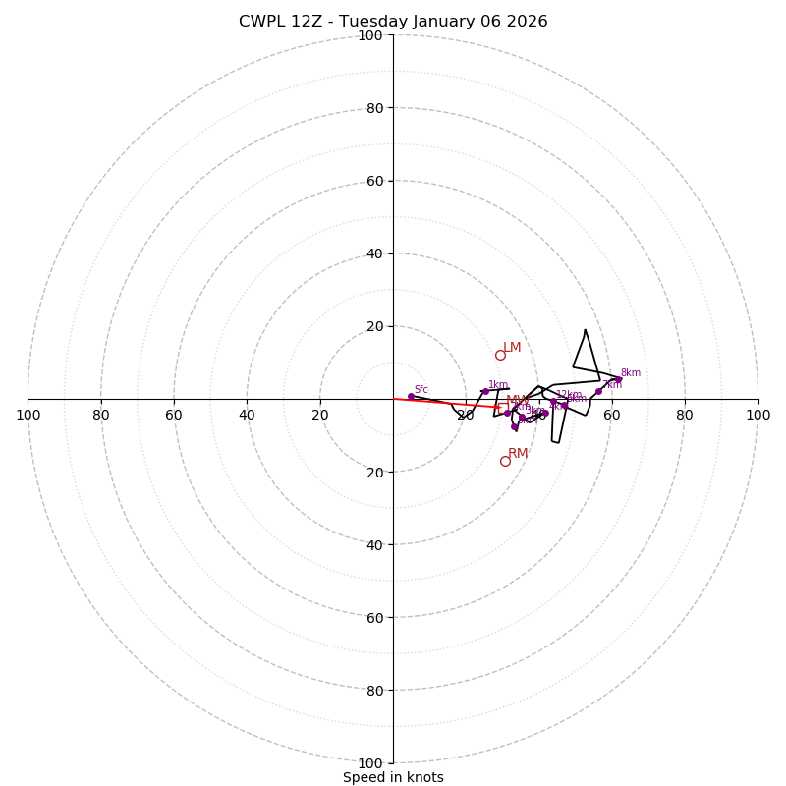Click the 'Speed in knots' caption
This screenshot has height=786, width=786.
pos(393,777)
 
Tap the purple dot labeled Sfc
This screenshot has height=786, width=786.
pos(411,396)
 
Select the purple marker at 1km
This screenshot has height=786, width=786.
pos(485,391)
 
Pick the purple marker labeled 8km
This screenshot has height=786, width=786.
pos(618,380)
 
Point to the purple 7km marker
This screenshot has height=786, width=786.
pos(598,391)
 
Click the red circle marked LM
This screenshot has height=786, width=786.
pos(500,355)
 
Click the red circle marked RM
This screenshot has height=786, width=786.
pos(505,461)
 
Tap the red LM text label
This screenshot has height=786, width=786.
pos(512,348)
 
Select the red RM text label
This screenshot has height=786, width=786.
pos(518,454)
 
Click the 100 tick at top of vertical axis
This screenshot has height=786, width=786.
pos(370,35)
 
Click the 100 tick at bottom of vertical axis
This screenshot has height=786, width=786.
pos(370,763)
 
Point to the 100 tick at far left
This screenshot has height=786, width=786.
pos(28,415)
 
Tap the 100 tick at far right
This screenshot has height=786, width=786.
pos(758,415)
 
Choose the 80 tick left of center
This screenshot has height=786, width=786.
pos(101,415)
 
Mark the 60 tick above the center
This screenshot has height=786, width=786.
pos(374,181)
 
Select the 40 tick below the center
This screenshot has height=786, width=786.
pos(374,544)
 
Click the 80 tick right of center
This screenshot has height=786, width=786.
pos(685,415)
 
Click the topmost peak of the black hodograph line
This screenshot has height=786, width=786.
pos(585,330)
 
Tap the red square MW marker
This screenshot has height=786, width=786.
pos(497,407)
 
